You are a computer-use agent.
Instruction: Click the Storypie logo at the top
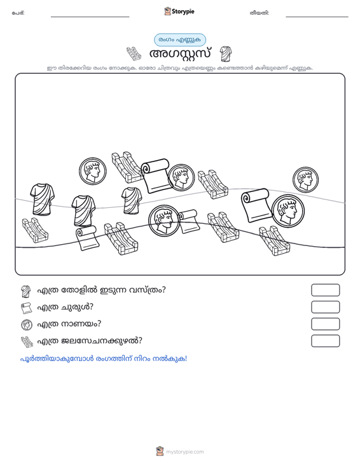click(x=179, y=11)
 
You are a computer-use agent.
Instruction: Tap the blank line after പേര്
click(x=90, y=17)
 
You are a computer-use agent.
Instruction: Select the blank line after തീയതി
click(x=317, y=17)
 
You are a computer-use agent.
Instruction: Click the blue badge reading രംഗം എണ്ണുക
click(x=180, y=40)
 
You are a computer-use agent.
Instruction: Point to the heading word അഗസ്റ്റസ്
click(x=180, y=54)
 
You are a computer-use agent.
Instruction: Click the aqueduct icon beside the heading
click(x=134, y=54)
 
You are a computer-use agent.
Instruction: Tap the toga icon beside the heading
click(x=226, y=54)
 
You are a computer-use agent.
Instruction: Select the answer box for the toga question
click(x=325, y=290)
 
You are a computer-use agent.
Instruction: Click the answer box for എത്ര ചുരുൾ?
click(x=325, y=307)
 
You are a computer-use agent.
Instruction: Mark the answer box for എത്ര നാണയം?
click(x=325, y=324)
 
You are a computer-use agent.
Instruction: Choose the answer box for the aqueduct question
click(x=325, y=341)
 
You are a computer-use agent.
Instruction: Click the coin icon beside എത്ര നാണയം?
click(x=27, y=324)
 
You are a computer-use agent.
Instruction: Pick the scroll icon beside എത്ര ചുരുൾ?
click(x=27, y=308)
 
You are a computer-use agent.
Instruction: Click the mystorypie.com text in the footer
click(x=184, y=452)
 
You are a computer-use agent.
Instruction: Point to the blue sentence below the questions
click(x=104, y=359)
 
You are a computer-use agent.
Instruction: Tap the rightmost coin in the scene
click(x=305, y=179)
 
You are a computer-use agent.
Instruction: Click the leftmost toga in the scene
click(x=42, y=199)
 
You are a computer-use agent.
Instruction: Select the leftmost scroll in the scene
click(x=87, y=238)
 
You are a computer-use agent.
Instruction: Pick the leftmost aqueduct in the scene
click(x=35, y=230)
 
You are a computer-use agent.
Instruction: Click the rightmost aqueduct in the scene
click(x=274, y=241)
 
